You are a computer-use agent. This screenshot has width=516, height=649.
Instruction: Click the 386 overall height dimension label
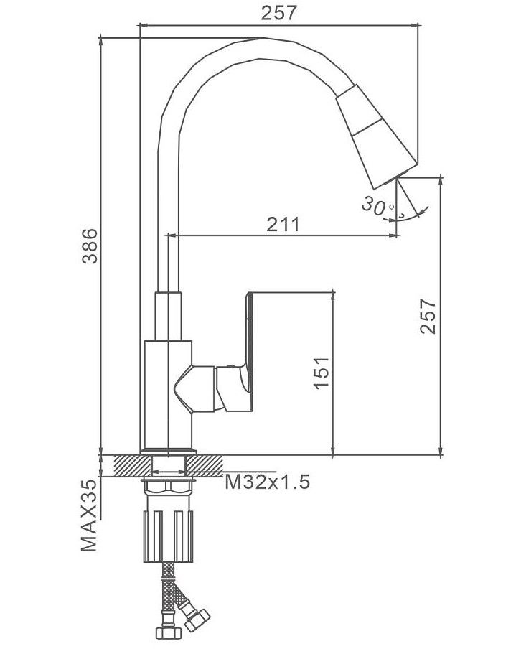point(90,246)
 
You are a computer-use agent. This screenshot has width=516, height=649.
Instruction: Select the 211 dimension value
point(283,224)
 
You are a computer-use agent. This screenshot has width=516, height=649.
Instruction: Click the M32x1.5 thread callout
point(267,482)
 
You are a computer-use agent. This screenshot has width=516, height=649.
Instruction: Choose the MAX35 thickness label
point(90,516)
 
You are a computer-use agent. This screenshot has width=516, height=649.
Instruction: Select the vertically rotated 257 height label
point(428,316)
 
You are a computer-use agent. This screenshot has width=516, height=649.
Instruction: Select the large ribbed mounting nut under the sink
point(169,535)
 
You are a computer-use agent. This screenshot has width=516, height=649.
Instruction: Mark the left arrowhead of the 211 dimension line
point(171,234)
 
